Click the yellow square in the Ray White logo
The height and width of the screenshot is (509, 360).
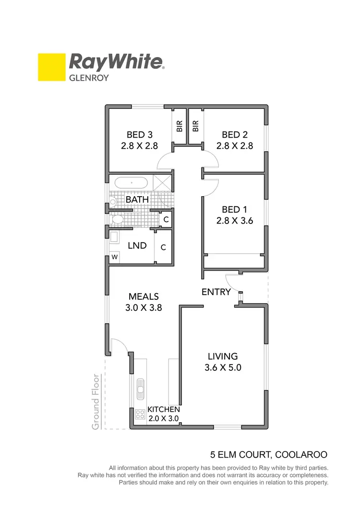tap(51, 67)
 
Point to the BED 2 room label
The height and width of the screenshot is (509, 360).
tap(234, 135)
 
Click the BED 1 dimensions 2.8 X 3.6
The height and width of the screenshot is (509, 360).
tap(234, 221)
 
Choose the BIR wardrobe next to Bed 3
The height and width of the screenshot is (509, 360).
tap(180, 126)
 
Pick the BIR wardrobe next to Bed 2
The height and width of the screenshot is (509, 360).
tap(195, 126)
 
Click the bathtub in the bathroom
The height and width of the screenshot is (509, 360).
tap(131, 183)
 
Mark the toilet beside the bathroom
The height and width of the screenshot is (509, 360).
tap(117, 220)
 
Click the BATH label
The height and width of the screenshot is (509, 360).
tap(137, 199)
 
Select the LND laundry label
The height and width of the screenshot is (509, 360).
tap(137, 246)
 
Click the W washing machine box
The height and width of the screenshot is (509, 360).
tap(114, 257)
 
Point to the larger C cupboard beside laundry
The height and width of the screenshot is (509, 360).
tap(164, 248)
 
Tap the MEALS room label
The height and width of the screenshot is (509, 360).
tap(143, 296)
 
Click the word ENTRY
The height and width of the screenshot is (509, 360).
tap(216, 292)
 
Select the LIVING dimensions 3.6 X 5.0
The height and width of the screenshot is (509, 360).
tap(223, 368)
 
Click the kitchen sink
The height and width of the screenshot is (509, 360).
tap(140, 388)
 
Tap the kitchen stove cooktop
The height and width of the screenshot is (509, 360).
tap(140, 413)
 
